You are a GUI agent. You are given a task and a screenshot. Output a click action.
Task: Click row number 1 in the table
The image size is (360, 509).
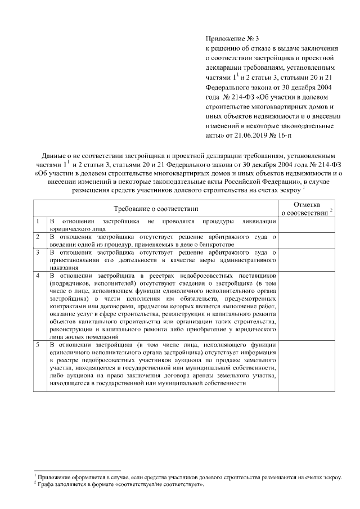pyautogui.click(x=37, y=221)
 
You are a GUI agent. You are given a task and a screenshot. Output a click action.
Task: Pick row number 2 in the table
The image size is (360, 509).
pyautogui.click(x=37, y=237)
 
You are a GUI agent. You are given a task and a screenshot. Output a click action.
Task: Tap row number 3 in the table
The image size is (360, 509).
pyautogui.click(x=37, y=253)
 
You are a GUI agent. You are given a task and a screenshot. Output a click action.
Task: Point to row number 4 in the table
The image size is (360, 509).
pyautogui.click(x=37, y=276)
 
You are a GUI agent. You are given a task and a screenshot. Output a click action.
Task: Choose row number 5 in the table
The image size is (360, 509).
pyautogui.click(x=37, y=344)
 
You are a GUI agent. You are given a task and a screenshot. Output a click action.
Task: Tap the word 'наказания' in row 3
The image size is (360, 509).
pyautogui.click(x=64, y=268)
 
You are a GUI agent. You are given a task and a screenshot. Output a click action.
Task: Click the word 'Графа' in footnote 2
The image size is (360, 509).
pyautogui.click(x=46, y=484)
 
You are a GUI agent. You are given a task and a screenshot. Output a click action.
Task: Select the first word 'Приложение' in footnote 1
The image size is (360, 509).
pyautogui.click(x=53, y=477)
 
